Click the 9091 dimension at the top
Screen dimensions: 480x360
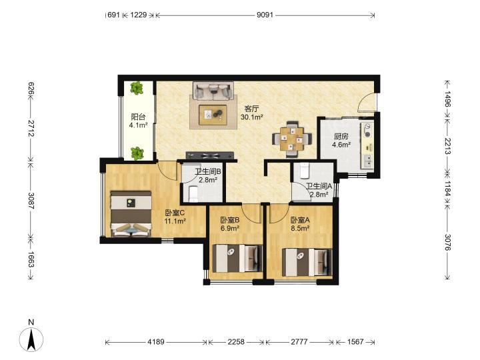pos(265,15)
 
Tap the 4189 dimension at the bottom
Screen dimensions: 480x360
pos(156,341)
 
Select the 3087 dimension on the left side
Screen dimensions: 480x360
pos(31,201)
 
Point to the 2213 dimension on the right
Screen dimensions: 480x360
pos(448,146)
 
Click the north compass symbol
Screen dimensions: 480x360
pos(31,336)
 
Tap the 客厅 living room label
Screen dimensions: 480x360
pos(252,109)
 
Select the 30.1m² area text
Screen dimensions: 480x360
pos(252,117)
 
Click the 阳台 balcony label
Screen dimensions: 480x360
pos(138,117)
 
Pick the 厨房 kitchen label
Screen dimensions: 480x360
pos(341,137)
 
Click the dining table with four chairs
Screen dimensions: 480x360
pos(292,139)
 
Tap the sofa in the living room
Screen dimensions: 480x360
pos(213,90)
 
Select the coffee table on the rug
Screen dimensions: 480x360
pos(213,115)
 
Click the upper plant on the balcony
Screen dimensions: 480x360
pos(137,88)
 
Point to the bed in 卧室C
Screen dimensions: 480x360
pos(131,214)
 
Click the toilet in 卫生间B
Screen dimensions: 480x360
pos(194,194)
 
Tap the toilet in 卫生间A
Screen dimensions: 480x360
pos(305,171)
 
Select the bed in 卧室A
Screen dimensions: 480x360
pos(307,262)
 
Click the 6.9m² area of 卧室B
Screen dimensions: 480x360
pos(230,228)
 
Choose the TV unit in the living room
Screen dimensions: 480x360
pos(210,155)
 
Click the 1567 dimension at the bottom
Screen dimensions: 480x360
pos(355,341)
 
